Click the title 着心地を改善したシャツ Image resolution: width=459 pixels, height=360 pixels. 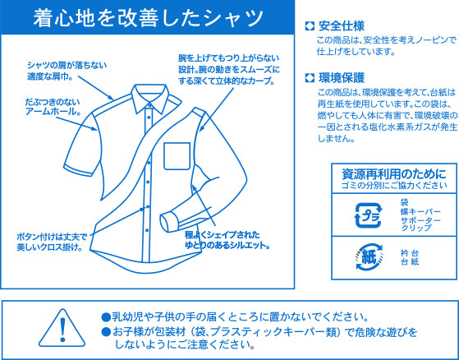(148, 18)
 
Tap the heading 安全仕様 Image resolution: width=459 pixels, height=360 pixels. (342, 26)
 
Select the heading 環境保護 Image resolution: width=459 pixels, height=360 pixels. (342, 78)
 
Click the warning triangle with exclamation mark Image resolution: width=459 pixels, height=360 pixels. (62, 327)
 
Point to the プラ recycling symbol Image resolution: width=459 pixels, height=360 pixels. (368, 215)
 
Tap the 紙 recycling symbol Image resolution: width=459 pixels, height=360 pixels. (368, 257)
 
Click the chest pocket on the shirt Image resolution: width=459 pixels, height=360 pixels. (177, 156)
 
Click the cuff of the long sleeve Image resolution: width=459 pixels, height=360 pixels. (168, 224)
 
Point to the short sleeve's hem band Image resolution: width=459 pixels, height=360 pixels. (79, 170)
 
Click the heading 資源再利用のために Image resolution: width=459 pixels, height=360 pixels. (394, 174)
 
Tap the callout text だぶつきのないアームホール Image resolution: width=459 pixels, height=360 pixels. (53, 107)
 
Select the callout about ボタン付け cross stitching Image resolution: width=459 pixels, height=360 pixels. (52, 242)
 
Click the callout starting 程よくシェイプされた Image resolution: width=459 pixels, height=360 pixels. (227, 240)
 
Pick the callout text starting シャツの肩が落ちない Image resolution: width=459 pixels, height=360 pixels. (67, 71)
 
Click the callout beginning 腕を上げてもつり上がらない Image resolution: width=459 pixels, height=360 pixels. (229, 69)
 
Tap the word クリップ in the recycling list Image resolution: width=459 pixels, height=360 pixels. (412, 228)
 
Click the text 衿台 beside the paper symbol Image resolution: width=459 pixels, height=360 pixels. (410, 253)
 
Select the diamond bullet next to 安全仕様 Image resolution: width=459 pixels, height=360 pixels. (310, 26)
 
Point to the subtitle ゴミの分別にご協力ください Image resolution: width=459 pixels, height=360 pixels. (394, 186)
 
